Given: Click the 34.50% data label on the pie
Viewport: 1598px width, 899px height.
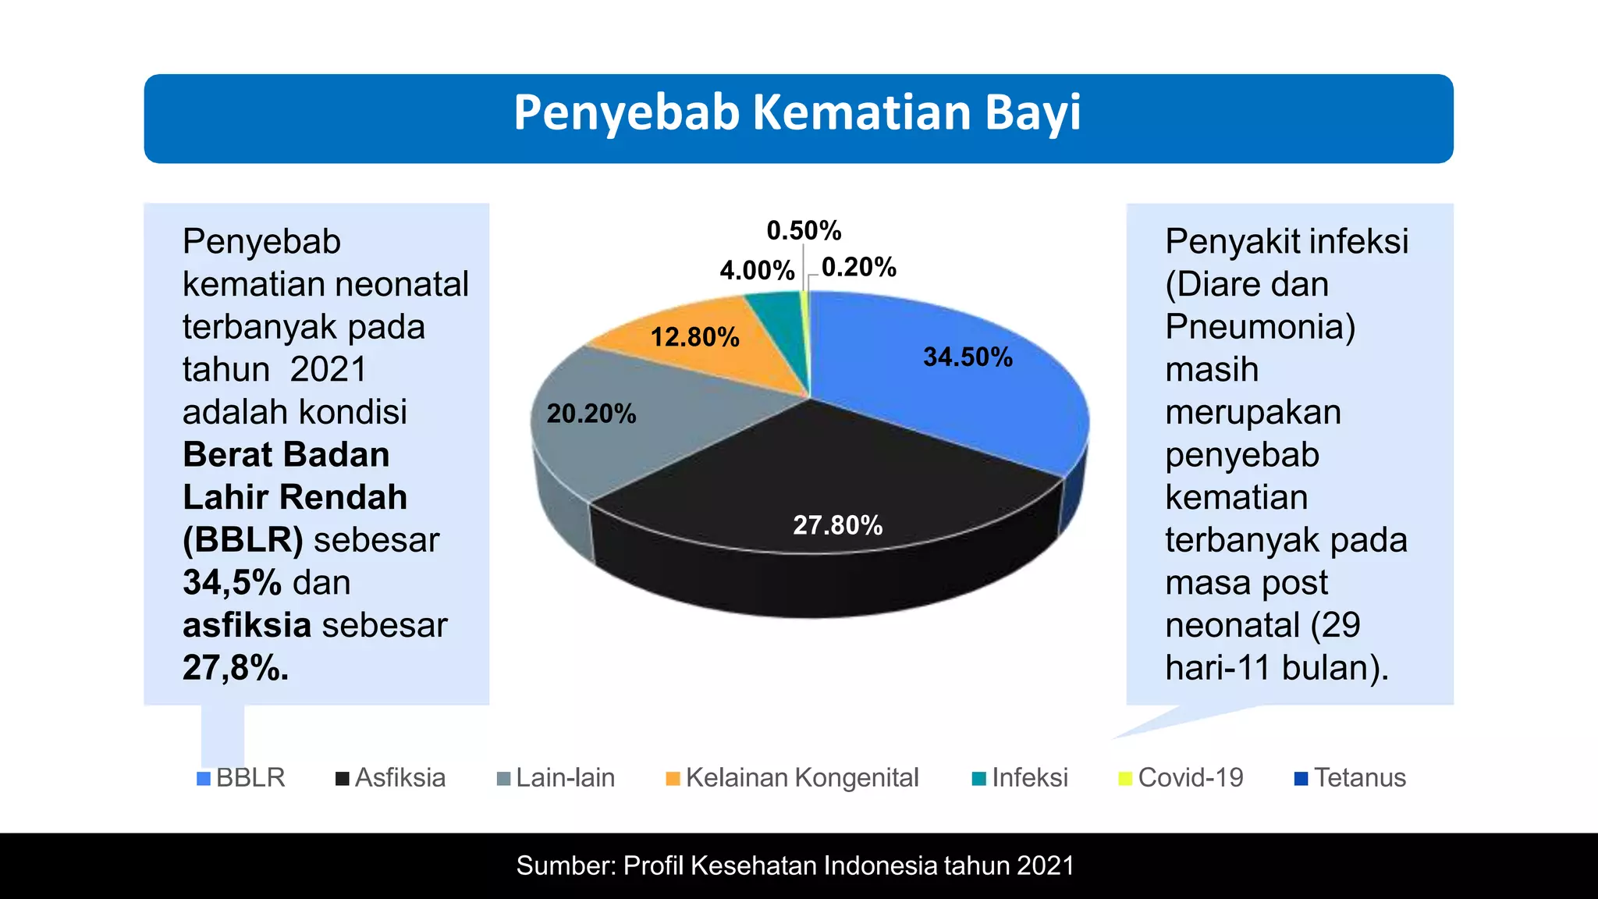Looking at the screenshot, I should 968,357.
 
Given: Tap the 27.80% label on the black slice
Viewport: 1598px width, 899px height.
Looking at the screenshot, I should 837,525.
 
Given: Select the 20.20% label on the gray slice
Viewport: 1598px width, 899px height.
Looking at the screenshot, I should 591,414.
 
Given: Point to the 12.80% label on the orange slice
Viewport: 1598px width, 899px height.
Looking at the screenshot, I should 694,337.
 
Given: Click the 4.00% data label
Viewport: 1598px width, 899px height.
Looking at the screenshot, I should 756,271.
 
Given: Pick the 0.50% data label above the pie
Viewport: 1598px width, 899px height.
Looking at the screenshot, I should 804,231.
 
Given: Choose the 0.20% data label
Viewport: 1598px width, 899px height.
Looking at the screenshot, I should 858,268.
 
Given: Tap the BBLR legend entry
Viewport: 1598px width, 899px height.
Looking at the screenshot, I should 242,778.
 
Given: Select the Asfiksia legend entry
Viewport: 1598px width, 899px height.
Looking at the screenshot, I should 391,778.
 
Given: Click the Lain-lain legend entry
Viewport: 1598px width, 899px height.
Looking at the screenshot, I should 556,778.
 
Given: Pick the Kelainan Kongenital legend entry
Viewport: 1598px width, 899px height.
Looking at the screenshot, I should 793,778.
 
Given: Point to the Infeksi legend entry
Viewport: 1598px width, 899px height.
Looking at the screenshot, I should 1021,778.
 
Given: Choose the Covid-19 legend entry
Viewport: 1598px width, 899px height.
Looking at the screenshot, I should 1181,778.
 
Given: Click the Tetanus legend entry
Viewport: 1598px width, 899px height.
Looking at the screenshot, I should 1351,778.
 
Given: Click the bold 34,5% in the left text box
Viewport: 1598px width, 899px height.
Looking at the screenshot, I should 232,583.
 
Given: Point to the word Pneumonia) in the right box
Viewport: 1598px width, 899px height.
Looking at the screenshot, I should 1260,327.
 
